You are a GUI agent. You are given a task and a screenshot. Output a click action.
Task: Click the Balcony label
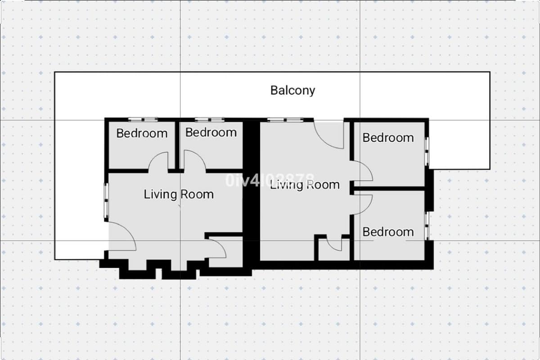[292, 90]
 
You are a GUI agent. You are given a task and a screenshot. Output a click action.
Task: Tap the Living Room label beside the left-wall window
[178, 194]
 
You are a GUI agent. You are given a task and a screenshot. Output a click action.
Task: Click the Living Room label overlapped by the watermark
[305, 184]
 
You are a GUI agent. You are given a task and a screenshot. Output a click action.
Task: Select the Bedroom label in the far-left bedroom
[142, 133]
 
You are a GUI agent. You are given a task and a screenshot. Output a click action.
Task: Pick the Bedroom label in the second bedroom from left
[211, 132]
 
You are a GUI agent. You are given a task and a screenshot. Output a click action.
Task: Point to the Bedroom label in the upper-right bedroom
[388, 137]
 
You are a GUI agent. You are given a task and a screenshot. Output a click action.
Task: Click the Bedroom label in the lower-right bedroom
[388, 232]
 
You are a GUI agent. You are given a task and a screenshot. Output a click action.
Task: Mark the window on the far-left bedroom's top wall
[143, 119]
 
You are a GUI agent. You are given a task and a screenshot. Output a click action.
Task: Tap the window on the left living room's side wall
[106, 201]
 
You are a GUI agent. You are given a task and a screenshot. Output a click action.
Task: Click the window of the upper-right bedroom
[427, 150]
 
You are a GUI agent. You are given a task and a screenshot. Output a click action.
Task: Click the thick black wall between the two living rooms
[252, 193]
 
